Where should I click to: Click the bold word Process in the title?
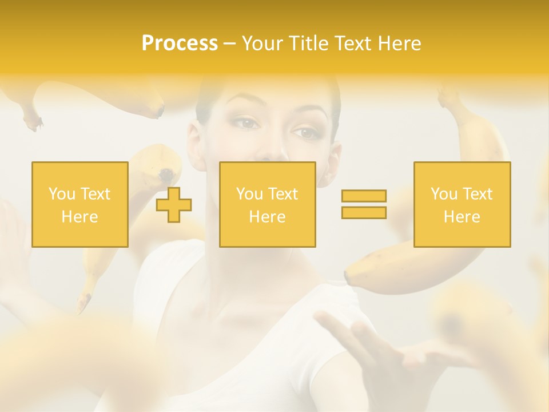point(180,43)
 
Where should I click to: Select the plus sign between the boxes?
point(174,205)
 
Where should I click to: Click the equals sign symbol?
point(364,204)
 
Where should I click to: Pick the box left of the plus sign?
point(79,204)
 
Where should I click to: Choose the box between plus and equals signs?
point(267,204)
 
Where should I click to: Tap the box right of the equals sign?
point(462,204)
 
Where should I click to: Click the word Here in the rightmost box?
point(462,217)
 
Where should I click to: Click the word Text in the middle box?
point(284,194)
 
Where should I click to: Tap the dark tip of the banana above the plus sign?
point(166,174)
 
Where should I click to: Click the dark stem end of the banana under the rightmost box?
point(348,278)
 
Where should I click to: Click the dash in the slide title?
point(229,43)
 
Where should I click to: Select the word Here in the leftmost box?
point(79,217)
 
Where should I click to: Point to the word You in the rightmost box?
point(444,194)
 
